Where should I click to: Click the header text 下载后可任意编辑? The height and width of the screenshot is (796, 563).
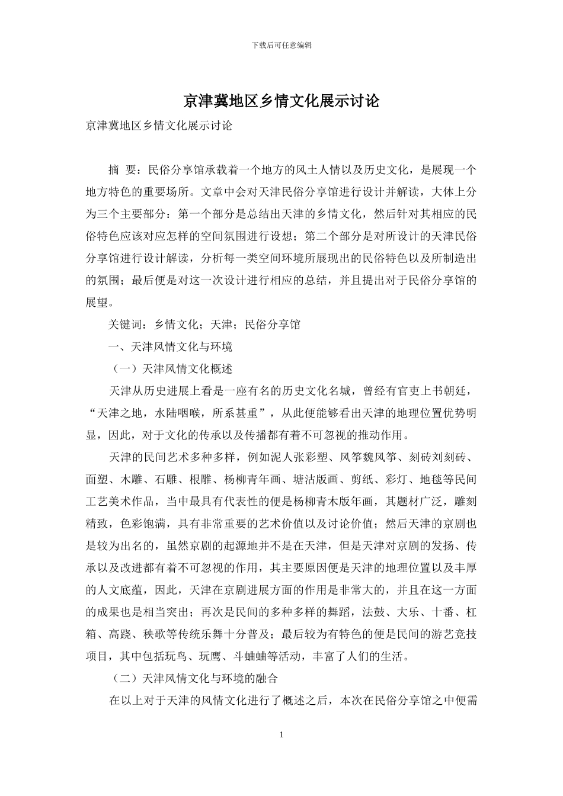[281, 45]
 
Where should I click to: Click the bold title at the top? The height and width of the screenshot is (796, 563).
[281, 101]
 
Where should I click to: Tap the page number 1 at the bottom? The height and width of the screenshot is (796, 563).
[281, 735]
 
